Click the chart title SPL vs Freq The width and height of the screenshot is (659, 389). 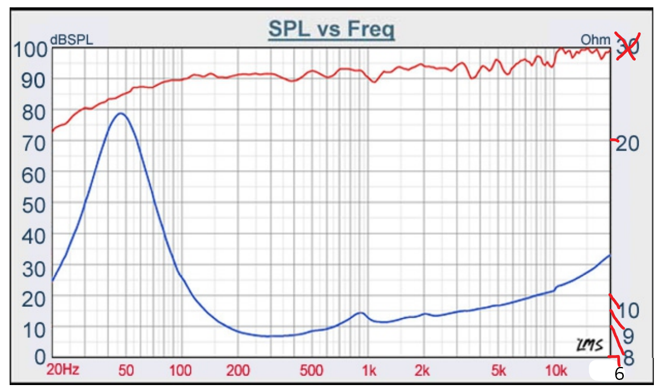331,29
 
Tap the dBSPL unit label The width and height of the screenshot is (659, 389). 71,40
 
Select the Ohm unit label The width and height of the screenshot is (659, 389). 596,40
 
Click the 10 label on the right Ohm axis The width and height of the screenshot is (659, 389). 628,310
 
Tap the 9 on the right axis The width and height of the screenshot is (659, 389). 628,335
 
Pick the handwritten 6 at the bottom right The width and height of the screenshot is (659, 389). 619,374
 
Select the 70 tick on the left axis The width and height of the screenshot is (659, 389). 33,143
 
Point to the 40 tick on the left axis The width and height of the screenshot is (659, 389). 33,236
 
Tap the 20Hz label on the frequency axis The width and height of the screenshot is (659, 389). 63,371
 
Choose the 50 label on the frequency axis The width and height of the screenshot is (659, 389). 125,371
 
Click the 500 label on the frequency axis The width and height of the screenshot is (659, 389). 311,371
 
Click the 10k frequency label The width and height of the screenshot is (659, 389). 556,371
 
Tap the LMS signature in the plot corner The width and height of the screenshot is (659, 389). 589,344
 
